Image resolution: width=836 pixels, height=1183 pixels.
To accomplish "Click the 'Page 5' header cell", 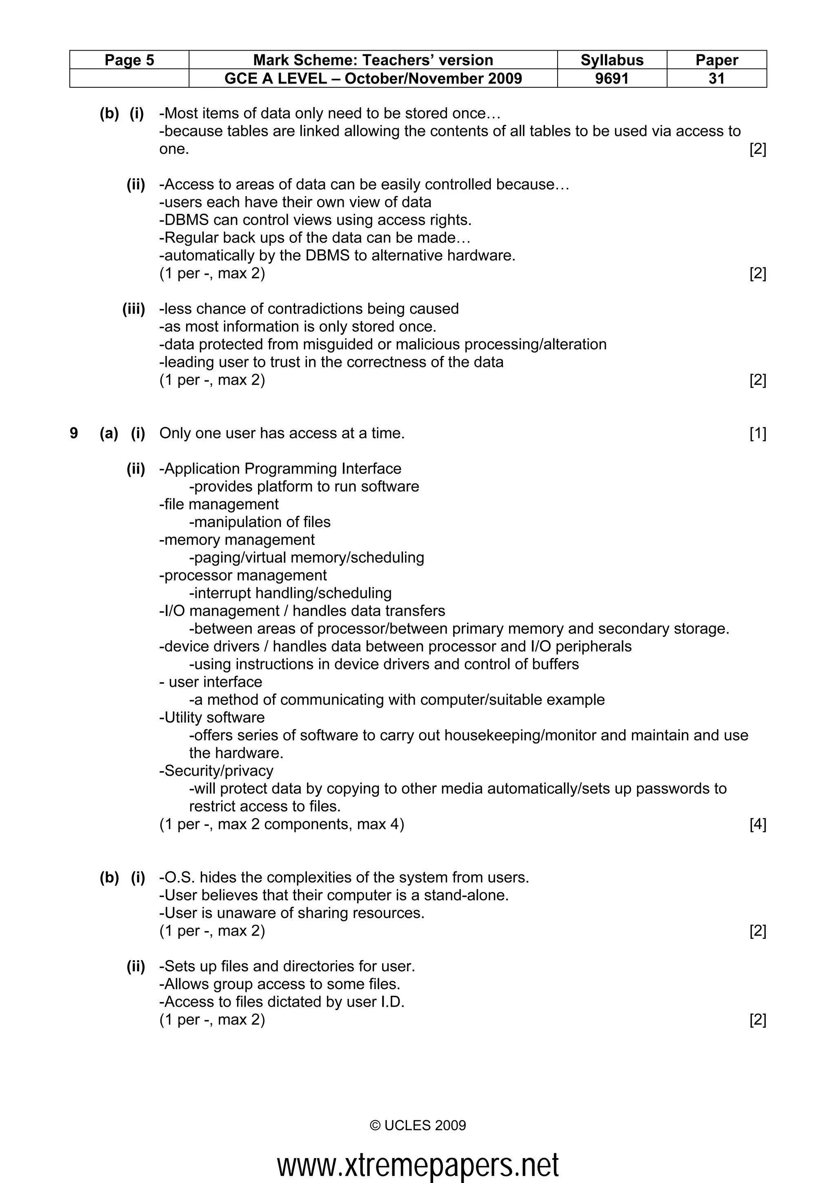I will pyautogui.click(x=129, y=60).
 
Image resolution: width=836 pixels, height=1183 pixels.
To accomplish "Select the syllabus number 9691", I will pyautogui.click(x=611, y=78).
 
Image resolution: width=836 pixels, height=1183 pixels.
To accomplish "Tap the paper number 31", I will pyautogui.click(x=716, y=78).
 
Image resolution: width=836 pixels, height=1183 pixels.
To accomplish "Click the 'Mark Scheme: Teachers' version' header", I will pyautogui.click(x=373, y=60).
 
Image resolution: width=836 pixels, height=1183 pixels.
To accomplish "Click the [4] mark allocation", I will pyautogui.click(x=757, y=825).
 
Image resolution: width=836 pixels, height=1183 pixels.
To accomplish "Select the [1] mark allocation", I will pyautogui.click(x=757, y=434).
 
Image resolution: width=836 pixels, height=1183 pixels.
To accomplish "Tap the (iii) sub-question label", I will pyautogui.click(x=133, y=309).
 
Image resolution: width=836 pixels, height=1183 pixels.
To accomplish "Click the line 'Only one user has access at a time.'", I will pyautogui.click(x=282, y=434).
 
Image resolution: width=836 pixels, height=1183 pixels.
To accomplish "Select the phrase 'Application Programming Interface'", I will pyautogui.click(x=282, y=469).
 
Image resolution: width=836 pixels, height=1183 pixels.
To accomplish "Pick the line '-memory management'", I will pyautogui.click(x=236, y=540).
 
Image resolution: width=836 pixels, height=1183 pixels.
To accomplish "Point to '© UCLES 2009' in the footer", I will pyautogui.click(x=418, y=1125).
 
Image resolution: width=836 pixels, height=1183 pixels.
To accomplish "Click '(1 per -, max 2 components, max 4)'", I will pyautogui.click(x=282, y=825).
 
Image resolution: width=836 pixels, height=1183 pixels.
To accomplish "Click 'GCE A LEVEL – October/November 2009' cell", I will pyautogui.click(x=373, y=78).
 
